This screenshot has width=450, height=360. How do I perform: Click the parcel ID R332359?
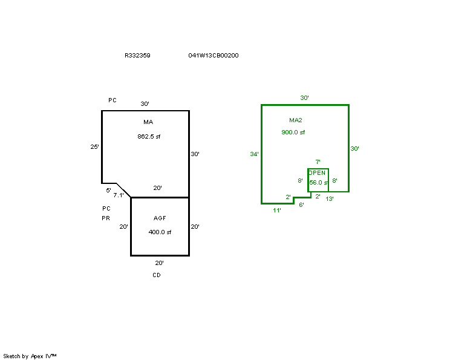pos(137,56)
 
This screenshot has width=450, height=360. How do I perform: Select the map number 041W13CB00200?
pos(214,56)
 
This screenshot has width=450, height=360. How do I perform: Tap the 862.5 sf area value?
pos(149,137)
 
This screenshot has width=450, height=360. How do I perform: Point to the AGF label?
pos(160,218)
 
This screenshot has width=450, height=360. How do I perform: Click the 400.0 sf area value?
pos(160,232)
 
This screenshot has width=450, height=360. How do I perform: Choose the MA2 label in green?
pos(296,120)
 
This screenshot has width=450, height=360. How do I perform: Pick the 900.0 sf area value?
pos(293,133)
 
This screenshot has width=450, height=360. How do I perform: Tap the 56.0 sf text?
pos(318,183)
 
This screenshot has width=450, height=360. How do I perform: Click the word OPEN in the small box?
pos(317,173)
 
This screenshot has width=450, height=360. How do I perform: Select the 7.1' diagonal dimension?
pos(118,195)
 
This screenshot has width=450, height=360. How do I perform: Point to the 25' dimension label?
pos(94,146)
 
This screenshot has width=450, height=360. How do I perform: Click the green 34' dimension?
pos(254,154)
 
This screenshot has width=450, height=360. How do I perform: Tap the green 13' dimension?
pos(330,199)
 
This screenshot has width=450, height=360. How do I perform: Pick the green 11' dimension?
pos(277,211)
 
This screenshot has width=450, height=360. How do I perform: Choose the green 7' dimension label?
pos(318,162)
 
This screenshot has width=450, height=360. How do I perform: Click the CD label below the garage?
pos(157,275)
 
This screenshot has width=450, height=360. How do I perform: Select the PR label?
pos(106,218)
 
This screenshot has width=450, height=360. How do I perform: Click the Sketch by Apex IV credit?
pos(30,356)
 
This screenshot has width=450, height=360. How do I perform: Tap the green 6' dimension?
pos(301,205)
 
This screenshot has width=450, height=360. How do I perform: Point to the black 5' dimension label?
pos(108,191)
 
